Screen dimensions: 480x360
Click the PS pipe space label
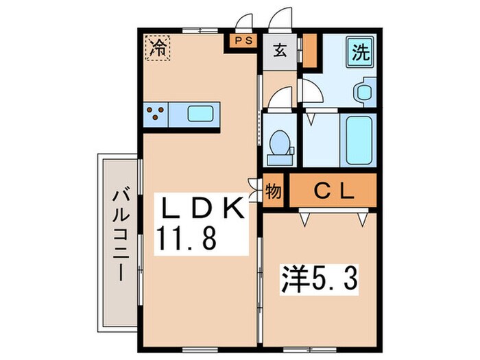coord(244,40)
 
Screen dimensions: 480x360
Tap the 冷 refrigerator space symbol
coord(157,48)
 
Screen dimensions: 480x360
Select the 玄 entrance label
coord(280,50)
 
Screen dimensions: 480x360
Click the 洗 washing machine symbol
coord(360,52)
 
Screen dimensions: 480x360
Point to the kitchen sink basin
coord(200,114)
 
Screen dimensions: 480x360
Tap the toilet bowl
coord(280,143)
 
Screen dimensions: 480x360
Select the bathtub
coord(359,140)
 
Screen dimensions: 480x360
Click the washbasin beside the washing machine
coord(364,92)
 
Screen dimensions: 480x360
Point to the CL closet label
coord(334,191)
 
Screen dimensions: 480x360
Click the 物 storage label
coord(273,191)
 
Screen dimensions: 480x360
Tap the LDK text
coord(202,207)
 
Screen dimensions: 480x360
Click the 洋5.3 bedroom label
coord(320,279)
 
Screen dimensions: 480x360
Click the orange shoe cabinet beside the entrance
coord(310,51)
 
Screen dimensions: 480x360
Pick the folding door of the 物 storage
coord(254,190)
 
